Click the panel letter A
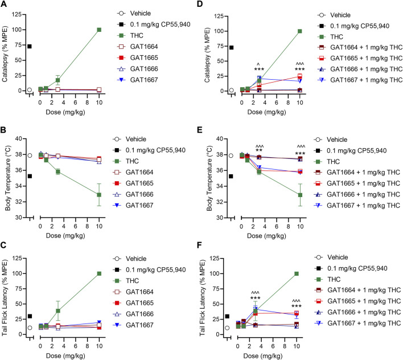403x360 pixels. [5, 6]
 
